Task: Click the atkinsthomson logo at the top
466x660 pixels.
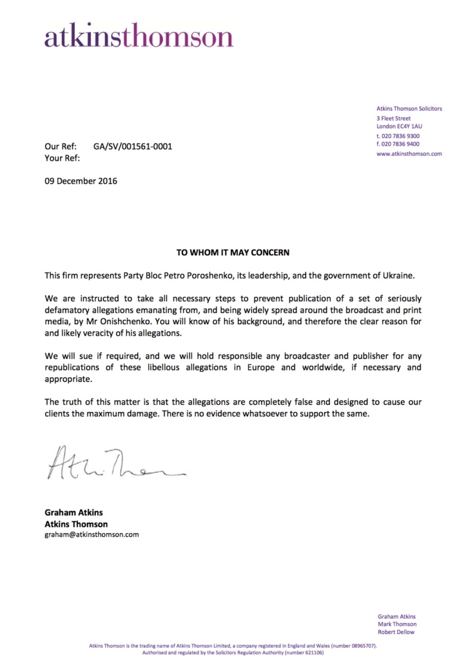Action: click(x=139, y=37)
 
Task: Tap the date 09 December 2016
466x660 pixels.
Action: click(x=81, y=181)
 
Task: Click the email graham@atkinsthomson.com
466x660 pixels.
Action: click(x=92, y=534)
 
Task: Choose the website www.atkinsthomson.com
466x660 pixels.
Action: click(x=409, y=154)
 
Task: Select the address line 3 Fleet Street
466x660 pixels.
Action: click(x=394, y=119)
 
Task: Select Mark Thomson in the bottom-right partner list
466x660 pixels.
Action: click(x=397, y=624)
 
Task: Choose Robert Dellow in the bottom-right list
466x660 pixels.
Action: click(x=397, y=632)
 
